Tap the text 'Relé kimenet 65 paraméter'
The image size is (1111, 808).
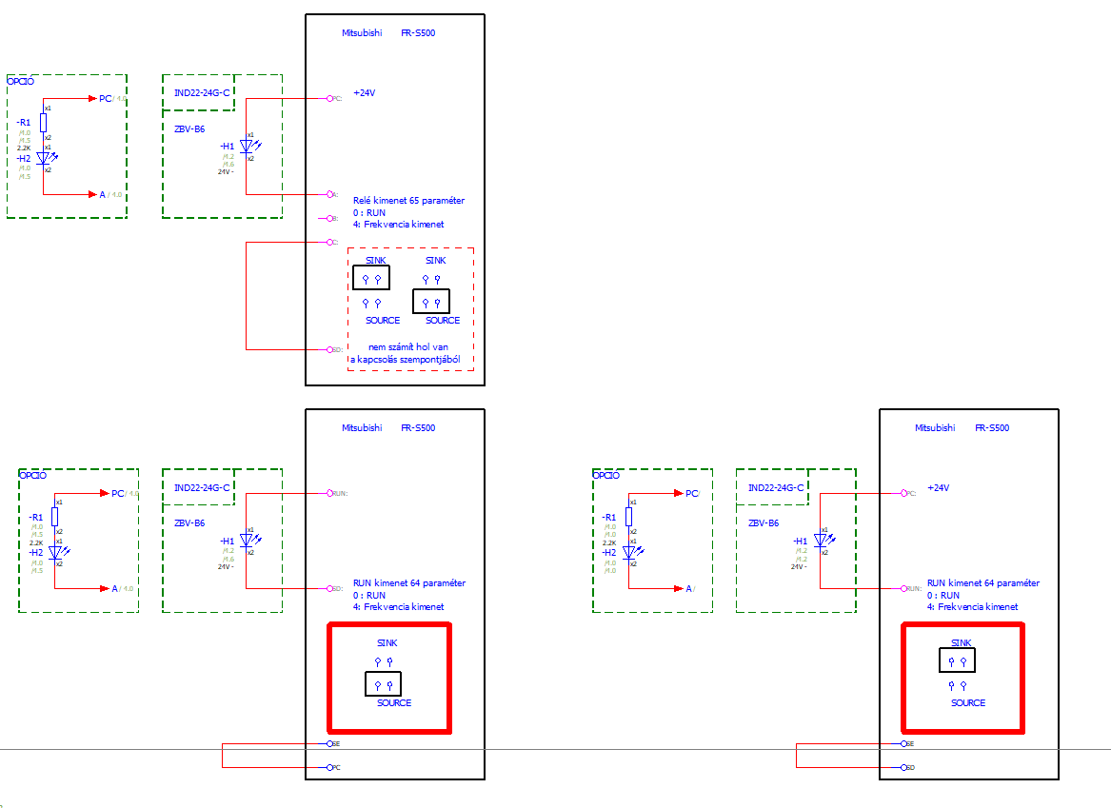(x=408, y=201)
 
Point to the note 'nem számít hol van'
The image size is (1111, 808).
(x=408, y=347)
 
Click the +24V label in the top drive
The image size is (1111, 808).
(x=365, y=93)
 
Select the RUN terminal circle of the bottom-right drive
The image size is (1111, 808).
(x=903, y=588)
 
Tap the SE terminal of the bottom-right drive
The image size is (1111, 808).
(x=903, y=743)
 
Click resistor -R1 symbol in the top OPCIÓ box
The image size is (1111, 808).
(x=44, y=122)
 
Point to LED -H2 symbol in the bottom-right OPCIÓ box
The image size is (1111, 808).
(x=629, y=552)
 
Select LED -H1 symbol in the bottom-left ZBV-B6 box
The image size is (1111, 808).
(x=245, y=541)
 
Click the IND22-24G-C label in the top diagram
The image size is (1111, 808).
(x=202, y=92)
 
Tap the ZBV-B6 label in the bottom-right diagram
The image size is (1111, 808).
(x=764, y=523)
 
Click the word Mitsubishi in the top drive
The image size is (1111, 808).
(x=362, y=33)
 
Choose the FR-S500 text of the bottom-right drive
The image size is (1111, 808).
(x=992, y=428)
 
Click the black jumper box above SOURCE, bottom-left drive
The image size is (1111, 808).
(x=383, y=683)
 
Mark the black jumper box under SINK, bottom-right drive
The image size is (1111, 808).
(x=957, y=660)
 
